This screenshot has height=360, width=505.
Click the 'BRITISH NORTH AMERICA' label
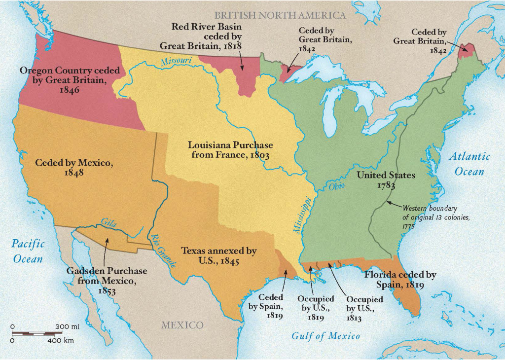280,15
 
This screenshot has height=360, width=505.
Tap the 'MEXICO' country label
182,325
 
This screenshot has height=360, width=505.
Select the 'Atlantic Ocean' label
469,164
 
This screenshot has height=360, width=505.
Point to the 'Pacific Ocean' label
28,251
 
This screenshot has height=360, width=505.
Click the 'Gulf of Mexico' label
325,336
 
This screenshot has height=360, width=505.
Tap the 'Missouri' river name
175,61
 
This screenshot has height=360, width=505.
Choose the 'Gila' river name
108,222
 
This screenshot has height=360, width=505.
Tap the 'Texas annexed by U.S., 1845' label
218,256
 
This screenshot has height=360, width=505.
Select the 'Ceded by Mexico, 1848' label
73,167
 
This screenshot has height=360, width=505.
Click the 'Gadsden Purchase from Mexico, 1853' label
107,281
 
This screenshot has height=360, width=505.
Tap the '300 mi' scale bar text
68,327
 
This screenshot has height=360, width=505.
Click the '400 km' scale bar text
61,341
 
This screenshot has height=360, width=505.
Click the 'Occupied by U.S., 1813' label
364,309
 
